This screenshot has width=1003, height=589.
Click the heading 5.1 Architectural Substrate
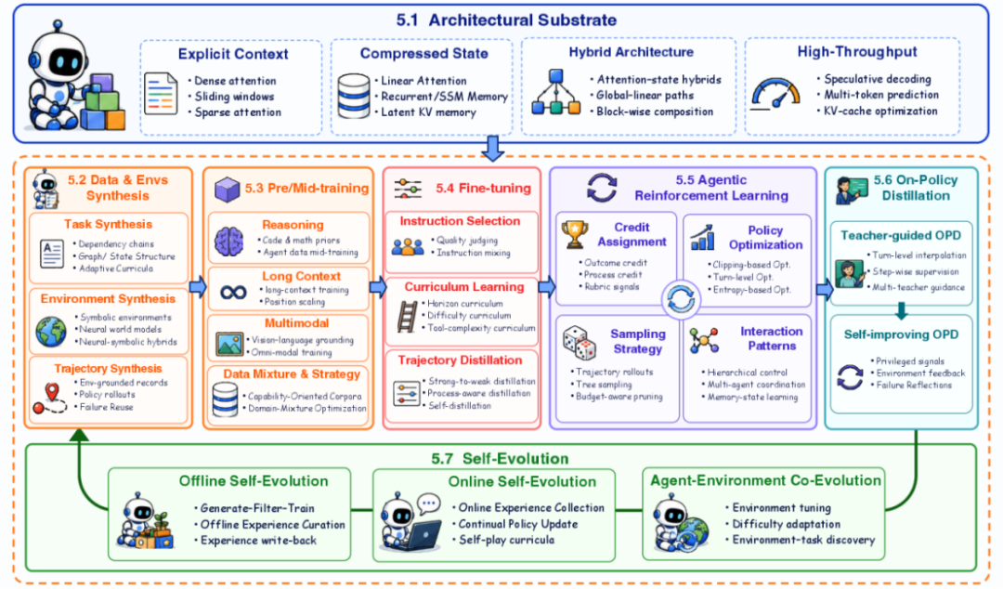506,20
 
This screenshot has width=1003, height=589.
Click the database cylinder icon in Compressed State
353,96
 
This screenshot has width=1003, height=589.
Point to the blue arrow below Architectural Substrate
492,148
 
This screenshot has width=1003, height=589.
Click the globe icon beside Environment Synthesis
51,331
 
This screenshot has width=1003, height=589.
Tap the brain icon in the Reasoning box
229,242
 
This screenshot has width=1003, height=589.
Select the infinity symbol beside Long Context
233,293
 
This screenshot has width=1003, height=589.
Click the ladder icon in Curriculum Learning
407,316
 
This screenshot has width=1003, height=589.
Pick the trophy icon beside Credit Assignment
575,234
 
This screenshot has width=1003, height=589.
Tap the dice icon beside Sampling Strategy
579,343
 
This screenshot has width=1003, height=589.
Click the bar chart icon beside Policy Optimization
702,237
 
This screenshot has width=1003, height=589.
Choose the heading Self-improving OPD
901,334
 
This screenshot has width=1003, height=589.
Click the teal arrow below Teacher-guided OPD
901,311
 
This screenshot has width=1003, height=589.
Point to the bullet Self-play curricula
507,540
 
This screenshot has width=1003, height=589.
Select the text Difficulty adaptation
787,524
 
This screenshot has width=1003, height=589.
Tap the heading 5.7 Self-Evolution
500,458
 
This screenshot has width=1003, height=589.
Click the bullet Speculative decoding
877,79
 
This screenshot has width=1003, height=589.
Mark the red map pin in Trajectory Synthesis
52,392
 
